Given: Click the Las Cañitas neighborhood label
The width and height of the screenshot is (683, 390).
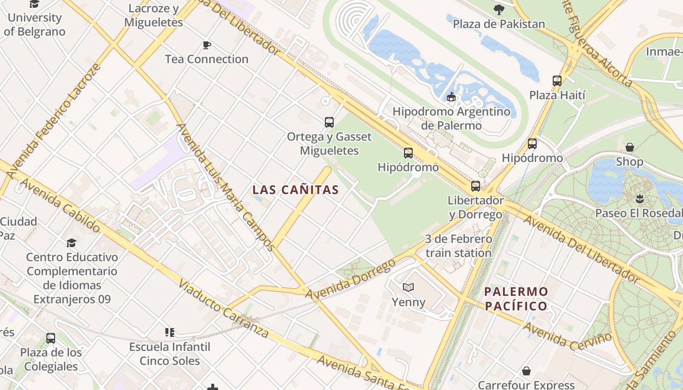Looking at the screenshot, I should point(295,190).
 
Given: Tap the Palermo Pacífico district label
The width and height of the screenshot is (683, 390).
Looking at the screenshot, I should point(516,299).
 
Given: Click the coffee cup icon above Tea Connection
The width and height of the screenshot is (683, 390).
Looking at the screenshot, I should point(207,45).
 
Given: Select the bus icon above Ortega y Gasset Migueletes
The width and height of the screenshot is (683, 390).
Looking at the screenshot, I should point(329,122).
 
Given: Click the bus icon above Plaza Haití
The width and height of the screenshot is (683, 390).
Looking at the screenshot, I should point(557,81).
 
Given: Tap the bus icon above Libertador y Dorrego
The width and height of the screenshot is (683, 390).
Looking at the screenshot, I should point(476,186).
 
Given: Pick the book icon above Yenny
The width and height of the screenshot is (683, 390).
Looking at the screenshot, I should point(408,288).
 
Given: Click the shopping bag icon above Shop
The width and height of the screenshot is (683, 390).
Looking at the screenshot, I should point(630,147).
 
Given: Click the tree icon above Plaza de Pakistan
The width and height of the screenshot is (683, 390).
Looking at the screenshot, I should point(499,9).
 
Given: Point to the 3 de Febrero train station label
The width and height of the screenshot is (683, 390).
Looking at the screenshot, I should point(459,246).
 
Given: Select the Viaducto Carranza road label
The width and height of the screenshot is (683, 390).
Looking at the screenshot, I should point(223,309).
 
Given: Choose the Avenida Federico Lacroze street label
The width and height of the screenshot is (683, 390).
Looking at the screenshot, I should point(54,121).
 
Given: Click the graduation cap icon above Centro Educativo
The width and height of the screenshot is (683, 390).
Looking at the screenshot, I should point(72,243).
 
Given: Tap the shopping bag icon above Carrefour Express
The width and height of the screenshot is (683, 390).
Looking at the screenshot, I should point(526,371).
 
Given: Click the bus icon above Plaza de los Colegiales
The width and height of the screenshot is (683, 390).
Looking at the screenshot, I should point(51,338).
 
